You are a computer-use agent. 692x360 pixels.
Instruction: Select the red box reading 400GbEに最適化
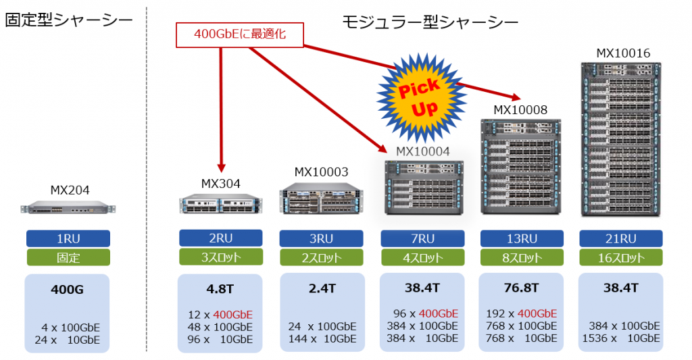[x=239, y=34]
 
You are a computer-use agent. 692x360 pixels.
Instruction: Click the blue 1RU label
[x=68, y=238]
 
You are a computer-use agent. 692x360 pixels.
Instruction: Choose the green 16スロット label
[x=620, y=257]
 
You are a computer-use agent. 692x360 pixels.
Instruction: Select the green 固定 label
[x=68, y=257]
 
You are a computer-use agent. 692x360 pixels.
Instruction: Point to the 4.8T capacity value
[x=220, y=288]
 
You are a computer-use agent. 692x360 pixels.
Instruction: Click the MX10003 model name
[x=321, y=172]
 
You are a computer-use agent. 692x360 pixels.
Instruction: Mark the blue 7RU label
[x=422, y=238]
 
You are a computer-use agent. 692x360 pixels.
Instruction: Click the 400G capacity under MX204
[x=68, y=290]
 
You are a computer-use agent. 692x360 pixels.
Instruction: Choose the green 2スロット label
[x=321, y=257]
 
